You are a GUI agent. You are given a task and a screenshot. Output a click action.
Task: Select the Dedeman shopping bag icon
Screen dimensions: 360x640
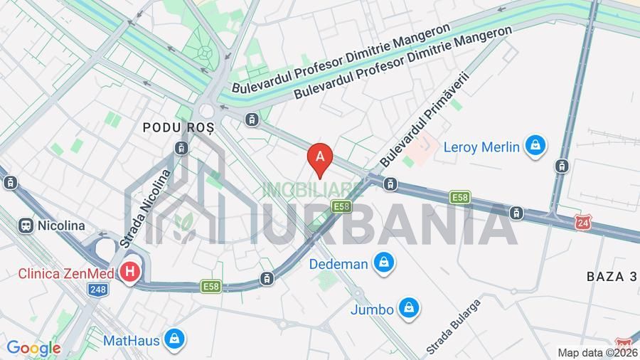[x=384, y=263]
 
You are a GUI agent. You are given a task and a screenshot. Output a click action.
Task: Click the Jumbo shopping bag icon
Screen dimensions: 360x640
[x=409, y=309]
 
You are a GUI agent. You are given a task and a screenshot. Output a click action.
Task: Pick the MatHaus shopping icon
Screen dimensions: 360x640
[x=174, y=339]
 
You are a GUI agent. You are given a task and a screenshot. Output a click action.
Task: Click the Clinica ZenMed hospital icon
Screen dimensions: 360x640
[x=129, y=272]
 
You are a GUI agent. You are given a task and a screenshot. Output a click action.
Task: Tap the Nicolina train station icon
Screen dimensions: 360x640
[x=26, y=226]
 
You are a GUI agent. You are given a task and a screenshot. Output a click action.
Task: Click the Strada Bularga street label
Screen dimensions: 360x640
[x=454, y=326]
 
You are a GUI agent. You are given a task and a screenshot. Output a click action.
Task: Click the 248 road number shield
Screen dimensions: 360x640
[x=97, y=289]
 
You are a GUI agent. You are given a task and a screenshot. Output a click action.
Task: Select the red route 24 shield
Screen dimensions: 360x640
[x=583, y=222]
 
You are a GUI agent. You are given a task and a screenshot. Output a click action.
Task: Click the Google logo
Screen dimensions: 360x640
[x=33, y=349]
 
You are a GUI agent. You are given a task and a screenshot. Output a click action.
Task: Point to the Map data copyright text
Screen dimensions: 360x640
[x=597, y=353]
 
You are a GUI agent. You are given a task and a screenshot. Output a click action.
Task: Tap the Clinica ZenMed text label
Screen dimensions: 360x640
[x=68, y=272]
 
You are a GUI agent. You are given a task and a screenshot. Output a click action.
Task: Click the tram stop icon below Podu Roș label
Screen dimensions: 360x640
[x=181, y=148]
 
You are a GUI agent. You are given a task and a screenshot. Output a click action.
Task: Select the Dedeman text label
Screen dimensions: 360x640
[x=338, y=264]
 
